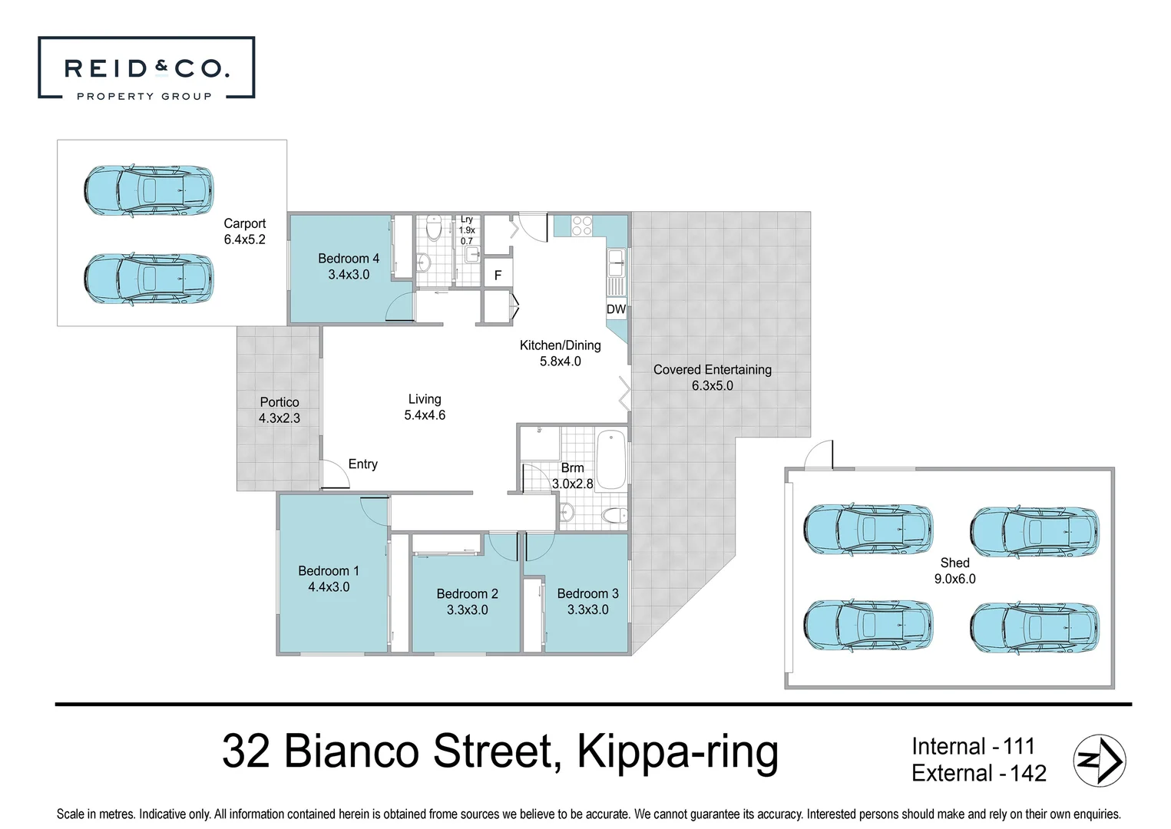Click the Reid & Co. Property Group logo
(146, 68)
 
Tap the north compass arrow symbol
(1099, 761)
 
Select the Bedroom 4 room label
(349, 259)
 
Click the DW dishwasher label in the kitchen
(616, 309)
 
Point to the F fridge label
(498, 276)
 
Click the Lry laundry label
(467, 220)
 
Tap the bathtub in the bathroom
(611, 459)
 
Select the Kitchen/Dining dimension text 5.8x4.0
(560, 362)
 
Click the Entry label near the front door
(362, 464)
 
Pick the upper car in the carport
(148, 190)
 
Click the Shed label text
(954, 563)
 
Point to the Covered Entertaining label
(712, 369)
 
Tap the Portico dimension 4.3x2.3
(280, 418)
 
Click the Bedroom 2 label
(467, 593)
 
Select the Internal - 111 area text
(973, 746)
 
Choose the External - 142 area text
(978, 773)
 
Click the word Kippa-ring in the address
(677, 751)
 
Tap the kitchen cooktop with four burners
(582, 225)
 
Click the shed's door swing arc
(819, 454)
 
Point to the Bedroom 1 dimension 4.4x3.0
(329, 587)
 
